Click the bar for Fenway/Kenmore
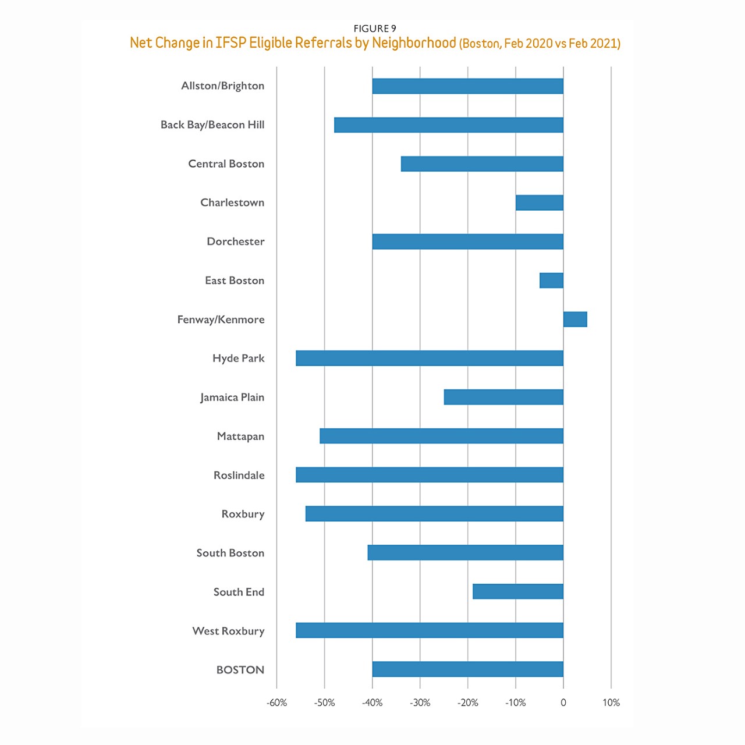575,320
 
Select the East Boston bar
551,281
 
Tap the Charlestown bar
539,203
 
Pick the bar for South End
517,591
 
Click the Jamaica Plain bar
503,397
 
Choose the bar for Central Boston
482,164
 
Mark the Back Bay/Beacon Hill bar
448,125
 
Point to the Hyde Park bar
430,358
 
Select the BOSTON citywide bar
467,669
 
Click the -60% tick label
276,703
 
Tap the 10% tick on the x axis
611,703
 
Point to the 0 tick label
563,703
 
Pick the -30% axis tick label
420,703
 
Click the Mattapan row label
240,437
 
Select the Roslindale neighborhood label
239,475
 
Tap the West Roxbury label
228,631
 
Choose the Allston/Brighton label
222,86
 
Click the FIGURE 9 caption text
375,29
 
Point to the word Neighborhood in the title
414,43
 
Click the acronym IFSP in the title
230,43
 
